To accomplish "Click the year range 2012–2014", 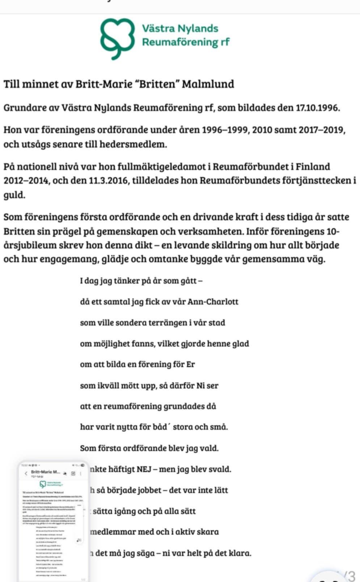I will [x=26, y=180].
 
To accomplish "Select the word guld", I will [x=14, y=195].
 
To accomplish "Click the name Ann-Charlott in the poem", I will [x=213, y=302].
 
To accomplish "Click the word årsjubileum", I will [x=31, y=245].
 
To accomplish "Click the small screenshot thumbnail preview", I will [x=53, y=521].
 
